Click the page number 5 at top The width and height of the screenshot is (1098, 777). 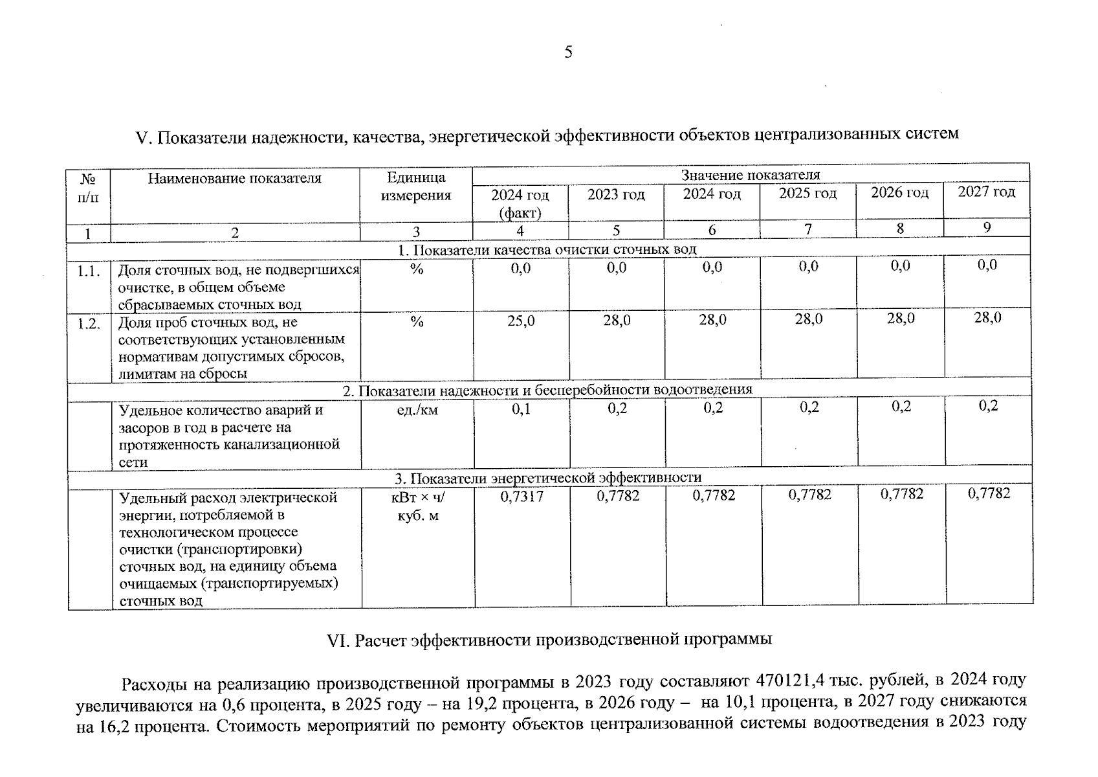click(568, 52)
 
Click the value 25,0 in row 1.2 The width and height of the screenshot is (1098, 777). click(521, 321)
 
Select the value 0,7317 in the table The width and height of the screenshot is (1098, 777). click(522, 497)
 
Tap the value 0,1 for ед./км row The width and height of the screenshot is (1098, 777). click(521, 409)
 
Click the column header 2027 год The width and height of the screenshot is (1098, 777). click(986, 192)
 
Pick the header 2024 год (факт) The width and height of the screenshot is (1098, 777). click(520, 203)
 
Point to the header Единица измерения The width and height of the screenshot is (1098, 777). click(415, 186)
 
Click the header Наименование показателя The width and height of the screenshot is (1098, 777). click(234, 179)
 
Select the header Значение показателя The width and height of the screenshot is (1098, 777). click(750, 175)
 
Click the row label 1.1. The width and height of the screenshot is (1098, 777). click(89, 271)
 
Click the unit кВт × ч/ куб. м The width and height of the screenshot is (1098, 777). click(418, 506)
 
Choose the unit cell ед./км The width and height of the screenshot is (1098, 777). click(417, 410)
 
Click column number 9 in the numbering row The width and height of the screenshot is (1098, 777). click(987, 227)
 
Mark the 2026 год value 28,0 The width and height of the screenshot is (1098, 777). click(900, 318)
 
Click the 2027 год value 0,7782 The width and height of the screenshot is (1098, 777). click(989, 493)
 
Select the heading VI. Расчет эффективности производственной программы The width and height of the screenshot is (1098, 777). click(549, 640)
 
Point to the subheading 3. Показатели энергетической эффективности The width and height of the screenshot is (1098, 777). click(548, 478)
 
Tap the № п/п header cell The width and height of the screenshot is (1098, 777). click(88, 188)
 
